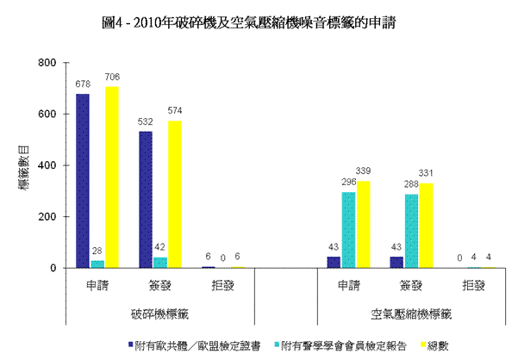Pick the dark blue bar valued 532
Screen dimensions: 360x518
[x=146, y=200]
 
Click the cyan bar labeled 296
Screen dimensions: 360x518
[x=349, y=230]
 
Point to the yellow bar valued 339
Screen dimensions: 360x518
[x=364, y=225]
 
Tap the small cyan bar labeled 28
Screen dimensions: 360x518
[x=97, y=264]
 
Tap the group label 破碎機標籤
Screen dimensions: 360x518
[x=159, y=314]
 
